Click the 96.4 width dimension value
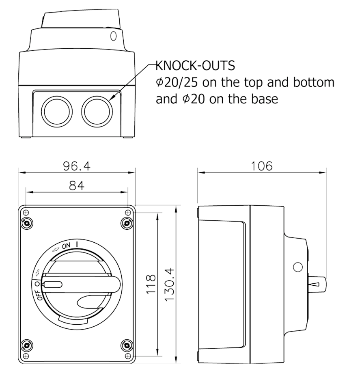77,166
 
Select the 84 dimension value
77,185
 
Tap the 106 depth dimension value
261,166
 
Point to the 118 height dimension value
151,284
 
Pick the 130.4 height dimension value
170,284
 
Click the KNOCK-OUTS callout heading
195,65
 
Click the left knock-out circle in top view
57,112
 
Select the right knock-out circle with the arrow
97,112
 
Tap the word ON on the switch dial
66,246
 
